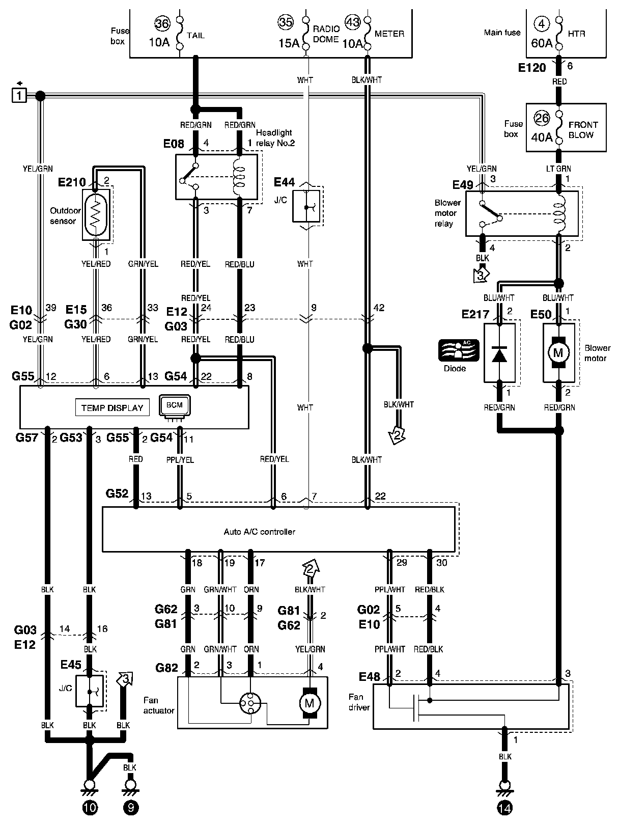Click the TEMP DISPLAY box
coord(112,407)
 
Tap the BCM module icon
coord(175,405)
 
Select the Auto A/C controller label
coord(259,532)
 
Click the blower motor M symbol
coord(558,352)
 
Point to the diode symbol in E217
coord(499,354)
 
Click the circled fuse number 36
coord(162,24)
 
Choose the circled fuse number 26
coord(542,119)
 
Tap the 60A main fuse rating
coord(542,43)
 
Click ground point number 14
coord(504,808)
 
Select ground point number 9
coord(130,808)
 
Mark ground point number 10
coord(90,808)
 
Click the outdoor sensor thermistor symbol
coord(96,215)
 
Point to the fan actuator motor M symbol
coord(309,703)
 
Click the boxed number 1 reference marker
coord(19,95)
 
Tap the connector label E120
coord(531,68)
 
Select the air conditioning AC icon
coord(459,350)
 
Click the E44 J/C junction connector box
coord(306,206)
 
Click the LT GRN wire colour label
coord(558,169)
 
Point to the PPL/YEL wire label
coord(180,459)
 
